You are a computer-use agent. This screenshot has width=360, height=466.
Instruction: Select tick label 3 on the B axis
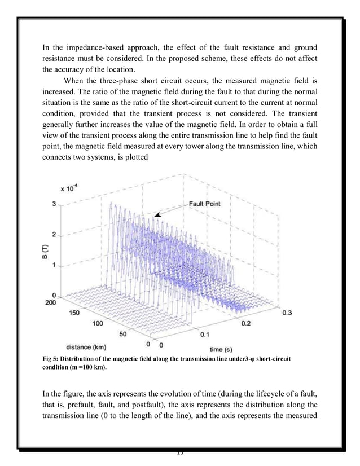[x=54, y=205]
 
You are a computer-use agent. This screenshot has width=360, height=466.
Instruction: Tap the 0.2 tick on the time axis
[x=247, y=323]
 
